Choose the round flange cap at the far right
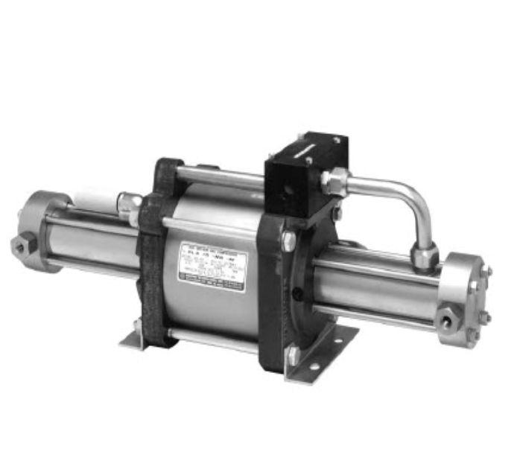[x=466, y=298]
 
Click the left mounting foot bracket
[x=133, y=339]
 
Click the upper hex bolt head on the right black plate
[x=288, y=240]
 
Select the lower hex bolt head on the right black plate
[x=293, y=354]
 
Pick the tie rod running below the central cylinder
[x=212, y=342]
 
